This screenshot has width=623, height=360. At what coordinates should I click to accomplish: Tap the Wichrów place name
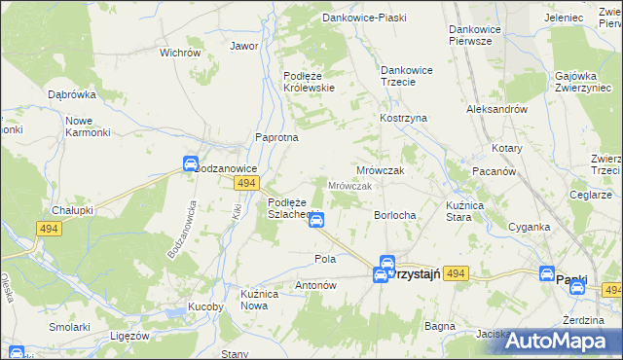tap(179, 53)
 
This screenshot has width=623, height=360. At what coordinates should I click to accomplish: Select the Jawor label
tap(243, 46)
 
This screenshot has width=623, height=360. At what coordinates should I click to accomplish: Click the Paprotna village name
tap(276, 138)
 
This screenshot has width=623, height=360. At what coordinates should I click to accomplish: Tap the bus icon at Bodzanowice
tap(191, 163)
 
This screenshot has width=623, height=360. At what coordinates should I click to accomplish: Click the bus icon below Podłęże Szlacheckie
tap(315, 221)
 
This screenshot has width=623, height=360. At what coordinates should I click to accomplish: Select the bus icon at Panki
tap(548, 275)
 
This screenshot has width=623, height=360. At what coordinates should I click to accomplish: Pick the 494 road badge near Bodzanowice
tap(247, 183)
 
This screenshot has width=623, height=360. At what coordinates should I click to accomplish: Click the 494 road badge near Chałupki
tap(49, 229)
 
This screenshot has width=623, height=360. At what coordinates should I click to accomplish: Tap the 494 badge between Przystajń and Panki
tap(458, 275)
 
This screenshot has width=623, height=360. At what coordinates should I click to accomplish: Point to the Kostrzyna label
tap(404, 118)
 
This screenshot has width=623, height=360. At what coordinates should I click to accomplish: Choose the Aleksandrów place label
tap(496, 110)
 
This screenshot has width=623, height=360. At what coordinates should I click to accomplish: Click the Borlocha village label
tap(395, 215)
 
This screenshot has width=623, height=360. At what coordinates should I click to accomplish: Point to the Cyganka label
tap(529, 227)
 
